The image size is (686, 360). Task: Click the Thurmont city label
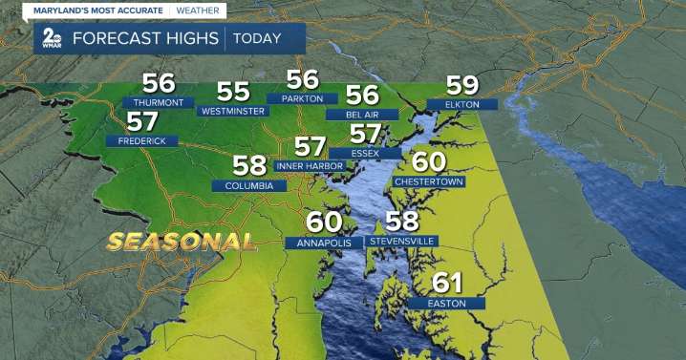159,103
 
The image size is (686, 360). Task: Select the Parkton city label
302,98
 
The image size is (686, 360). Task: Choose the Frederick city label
141,141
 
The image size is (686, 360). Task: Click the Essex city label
364,153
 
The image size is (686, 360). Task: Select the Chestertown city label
429,181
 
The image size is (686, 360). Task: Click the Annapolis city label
324,243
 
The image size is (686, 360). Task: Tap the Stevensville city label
402,242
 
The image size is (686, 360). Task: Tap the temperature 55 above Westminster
233,92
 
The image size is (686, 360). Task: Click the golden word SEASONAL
181,241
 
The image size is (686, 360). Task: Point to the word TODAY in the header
255,39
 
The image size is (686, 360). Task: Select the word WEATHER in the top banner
196,11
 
